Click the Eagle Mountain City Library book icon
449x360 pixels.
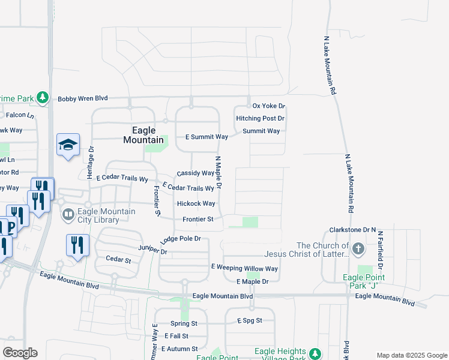68,214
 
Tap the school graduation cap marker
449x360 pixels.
68,145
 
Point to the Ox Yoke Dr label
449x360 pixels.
268,106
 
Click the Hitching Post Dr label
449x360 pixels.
260,119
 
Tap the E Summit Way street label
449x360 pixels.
206,137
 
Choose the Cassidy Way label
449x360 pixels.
195,173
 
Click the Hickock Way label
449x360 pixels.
196,204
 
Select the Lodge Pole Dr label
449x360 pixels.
180,239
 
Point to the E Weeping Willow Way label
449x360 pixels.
244,268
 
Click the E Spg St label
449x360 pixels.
249,321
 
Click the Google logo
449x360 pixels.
20,353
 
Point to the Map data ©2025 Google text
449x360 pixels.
411,355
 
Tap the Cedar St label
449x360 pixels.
118,260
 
